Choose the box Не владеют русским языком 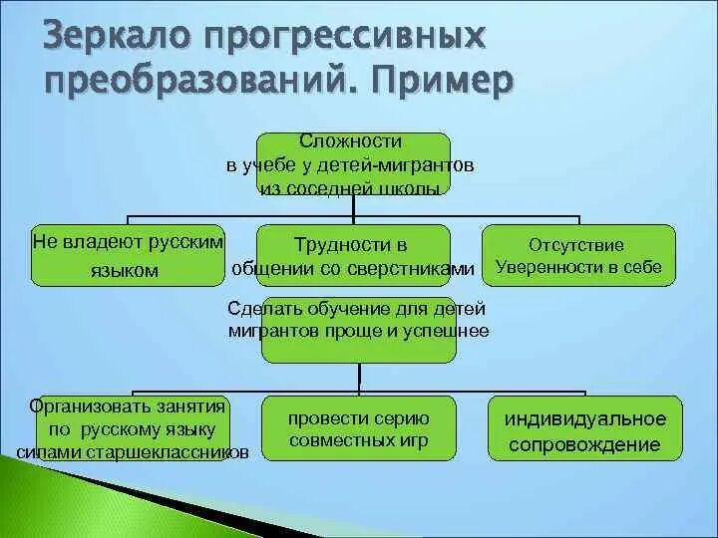tap(129, 256)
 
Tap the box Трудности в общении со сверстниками tap(356, 256)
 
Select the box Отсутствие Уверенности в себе tap(578, 256)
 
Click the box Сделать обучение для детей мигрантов tap(358, 329)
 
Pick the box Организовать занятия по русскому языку tap(129, 429)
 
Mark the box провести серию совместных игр tap(358, 428)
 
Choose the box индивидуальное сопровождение tap(584, 429)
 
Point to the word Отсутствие tap(577, 244)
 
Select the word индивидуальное tap(584, 418)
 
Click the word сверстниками tap(414, 268)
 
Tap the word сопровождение tap(584, 444)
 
